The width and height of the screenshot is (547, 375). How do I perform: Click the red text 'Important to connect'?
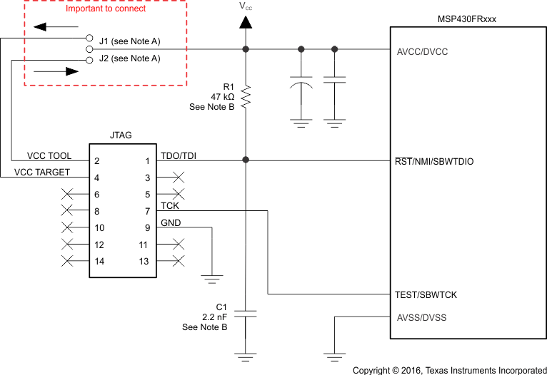click(x=106, y=9)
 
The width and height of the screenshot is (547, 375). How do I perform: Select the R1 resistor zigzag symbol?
click(x=246, y=97)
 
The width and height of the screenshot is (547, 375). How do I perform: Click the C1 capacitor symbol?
click(x=246, y=313)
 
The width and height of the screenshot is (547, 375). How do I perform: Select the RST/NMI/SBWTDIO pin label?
click(x=433, y=162)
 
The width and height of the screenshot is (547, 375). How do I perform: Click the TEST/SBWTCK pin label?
click(x=426, y=294)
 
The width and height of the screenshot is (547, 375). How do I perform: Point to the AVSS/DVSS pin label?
click(x=421, y=317)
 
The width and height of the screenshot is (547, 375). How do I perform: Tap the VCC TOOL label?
click(x=49, y=156)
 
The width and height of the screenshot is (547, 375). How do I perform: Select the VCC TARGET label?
click(x=43, y=173)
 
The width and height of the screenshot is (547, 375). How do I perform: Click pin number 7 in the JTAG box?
click(x=147, y=211)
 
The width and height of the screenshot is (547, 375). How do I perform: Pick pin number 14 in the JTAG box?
click(x=99, y=262)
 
